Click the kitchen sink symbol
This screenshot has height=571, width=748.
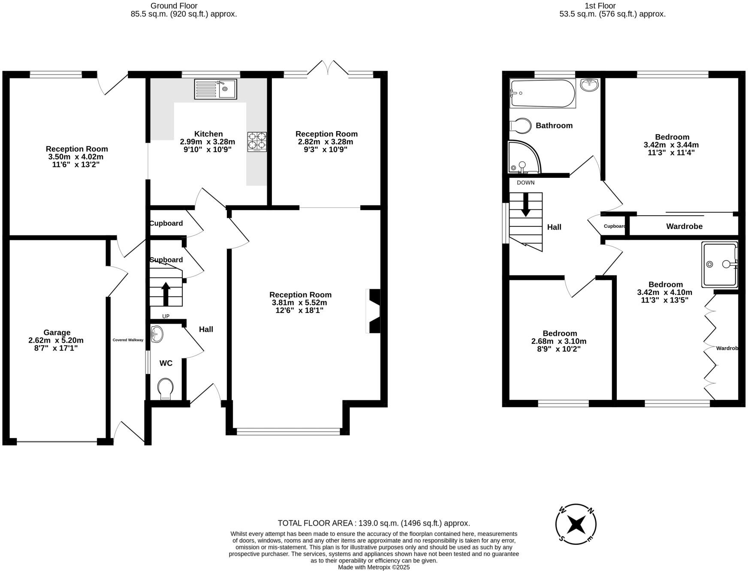(x=215, y=89)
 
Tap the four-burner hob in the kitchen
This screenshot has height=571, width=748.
(x=256, y=141)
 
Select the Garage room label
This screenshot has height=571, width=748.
(x=57, y=333)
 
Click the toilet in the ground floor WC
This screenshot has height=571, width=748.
(x=166, y=388)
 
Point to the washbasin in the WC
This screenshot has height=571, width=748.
(x=157, y=334)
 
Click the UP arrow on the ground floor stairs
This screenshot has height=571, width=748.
(x=166, y=294)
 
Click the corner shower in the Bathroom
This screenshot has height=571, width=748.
(x=523, y=158)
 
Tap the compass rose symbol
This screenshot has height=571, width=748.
(x=576, y=524)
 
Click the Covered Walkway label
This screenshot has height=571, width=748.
(x=128, y=340)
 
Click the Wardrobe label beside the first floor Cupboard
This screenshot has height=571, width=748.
(x=684, y=226)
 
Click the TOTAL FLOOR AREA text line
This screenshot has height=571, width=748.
(x=374, y=523)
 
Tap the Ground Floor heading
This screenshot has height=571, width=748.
(x=174, y=6)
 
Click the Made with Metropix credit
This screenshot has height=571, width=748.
(x=374, y=567)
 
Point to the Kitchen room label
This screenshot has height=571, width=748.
(x=208, y=134)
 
